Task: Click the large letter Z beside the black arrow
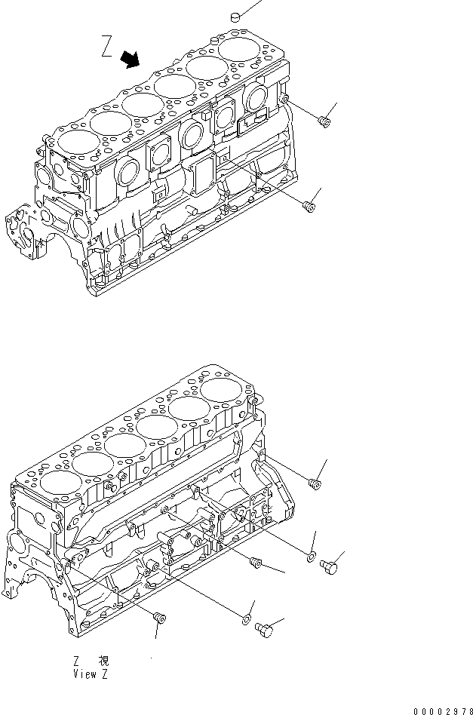pyautogui.click(x=108, y=48)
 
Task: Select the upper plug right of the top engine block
pyautogui.click(x=324, y=121)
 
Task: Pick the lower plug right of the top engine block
pyautogui.click(x=308, y=206)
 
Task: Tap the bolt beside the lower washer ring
pyautogui.click(x=263, y=627)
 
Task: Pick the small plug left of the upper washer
pyautogui.click(x=255, y=561)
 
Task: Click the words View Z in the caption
pyautogui.click(x=91, y=674)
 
